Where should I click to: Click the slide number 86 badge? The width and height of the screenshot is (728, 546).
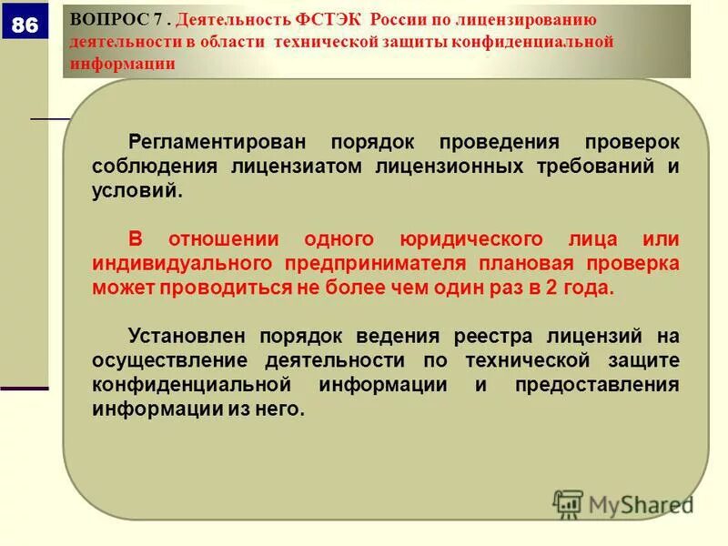pyautogui.click(x=25, y=25)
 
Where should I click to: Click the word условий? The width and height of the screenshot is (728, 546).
pyautogui.click(x=136, y=192)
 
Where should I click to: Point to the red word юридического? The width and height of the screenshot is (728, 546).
pyautogui.click(x=468, y=239)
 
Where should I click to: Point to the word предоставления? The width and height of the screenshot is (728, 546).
pyautogui.click(x=597, y=384)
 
